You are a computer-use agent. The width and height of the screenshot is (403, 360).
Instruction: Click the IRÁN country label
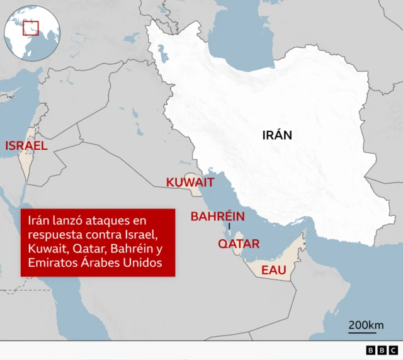pos(277,135)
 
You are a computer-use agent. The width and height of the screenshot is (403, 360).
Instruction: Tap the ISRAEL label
pos(26,146)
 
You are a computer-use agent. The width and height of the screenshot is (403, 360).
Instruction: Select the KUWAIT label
pos(190,183)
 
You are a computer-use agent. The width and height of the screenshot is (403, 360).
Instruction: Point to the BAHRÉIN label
pos(218,217)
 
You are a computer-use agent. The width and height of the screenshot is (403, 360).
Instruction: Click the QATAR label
pos(239,244)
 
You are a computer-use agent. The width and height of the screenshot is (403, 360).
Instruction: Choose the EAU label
pos(274,270)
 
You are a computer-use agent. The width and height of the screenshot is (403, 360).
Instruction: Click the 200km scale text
pos(366,325)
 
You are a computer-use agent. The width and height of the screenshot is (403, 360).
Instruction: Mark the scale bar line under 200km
pos(366,333)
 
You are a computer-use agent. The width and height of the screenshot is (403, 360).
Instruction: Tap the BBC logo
pos(381,350)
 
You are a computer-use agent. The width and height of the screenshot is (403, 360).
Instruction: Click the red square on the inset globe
pos(31,28)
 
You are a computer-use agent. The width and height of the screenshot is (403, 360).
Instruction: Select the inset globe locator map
pos(31,31)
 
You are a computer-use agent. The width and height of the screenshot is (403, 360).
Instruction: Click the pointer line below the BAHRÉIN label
pos(230,226)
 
